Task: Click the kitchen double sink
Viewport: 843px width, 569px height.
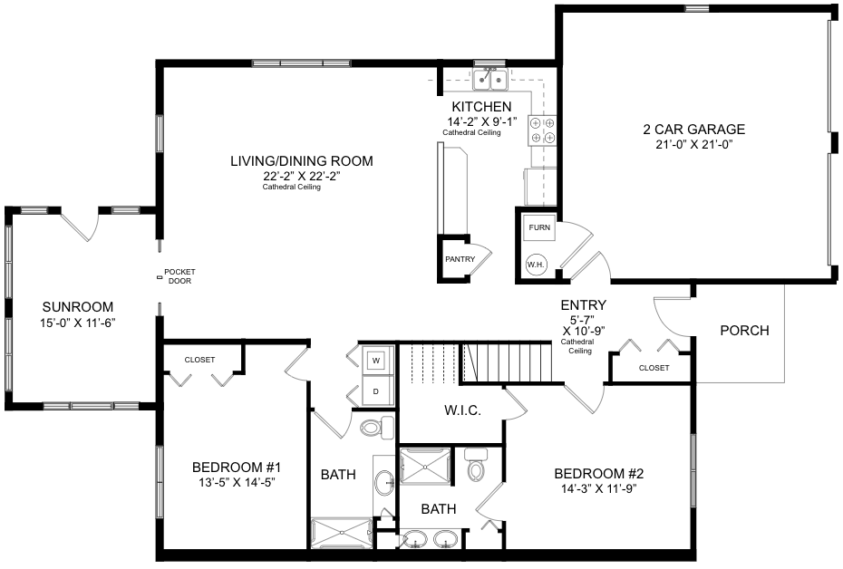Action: coord(489,79)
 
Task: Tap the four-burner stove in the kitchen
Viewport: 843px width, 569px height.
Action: coord(542,130)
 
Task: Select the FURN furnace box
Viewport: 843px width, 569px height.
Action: coord(539,227)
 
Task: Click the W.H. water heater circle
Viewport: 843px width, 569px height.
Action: coord(536,265)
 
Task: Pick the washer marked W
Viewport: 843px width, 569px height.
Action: coord(376,361)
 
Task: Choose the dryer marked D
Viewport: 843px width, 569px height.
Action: coord(376,391)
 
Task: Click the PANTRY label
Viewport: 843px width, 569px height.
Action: coord(460,259)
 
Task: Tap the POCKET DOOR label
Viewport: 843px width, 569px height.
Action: coord(179,276)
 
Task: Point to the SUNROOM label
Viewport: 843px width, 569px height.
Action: coord(78,307)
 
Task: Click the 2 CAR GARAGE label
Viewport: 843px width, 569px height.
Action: coord(694,129)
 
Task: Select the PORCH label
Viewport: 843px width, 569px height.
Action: coord(744,331)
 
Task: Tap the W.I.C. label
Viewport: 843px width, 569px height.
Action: coord(462,410)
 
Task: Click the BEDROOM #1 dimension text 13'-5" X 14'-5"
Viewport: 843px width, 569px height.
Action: coord(237,483)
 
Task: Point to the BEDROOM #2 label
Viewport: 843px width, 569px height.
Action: coord(599,473)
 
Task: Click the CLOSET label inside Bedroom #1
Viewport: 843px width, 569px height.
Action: coord(199,360)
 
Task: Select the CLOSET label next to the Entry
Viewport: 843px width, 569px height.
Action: coord(654,368)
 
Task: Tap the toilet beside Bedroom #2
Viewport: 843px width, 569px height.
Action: coord(476,465)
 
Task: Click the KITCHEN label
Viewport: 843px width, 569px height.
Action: coord(481,106)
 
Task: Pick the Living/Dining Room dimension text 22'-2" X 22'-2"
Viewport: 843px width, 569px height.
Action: coord(302,176)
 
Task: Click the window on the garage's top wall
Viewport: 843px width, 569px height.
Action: coord(697,8)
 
